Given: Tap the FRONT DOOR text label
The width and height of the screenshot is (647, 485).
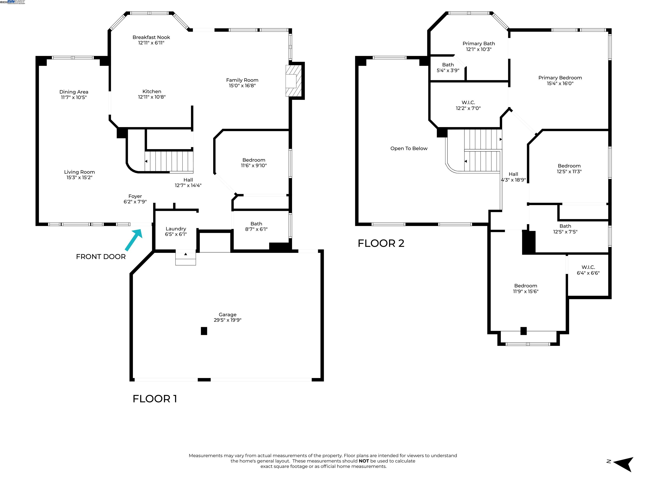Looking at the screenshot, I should pyautogui.click(x=101, y=257).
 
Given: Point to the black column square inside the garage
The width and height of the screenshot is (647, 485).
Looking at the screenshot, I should pyautogui.click(x=204, y=331).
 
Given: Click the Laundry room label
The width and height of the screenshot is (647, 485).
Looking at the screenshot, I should pyautogui.click(x=176, y=229).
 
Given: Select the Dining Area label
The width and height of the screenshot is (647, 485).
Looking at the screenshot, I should pyautogui.click(x=74, y=92).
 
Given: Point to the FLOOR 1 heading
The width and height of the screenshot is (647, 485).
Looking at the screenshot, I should pyautogui.click(x=155, y=399).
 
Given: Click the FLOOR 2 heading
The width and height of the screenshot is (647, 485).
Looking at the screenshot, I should pyautogui.click(x=381, y=243).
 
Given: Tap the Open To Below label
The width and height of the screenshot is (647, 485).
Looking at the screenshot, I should pyautogui.click(x=409, y=149).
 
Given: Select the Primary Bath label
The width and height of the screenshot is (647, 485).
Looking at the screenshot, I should pyautogui.click(x=479, y=44).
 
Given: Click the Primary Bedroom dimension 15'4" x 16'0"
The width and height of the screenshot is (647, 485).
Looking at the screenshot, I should pyautogui.click(x=560, y=83).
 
